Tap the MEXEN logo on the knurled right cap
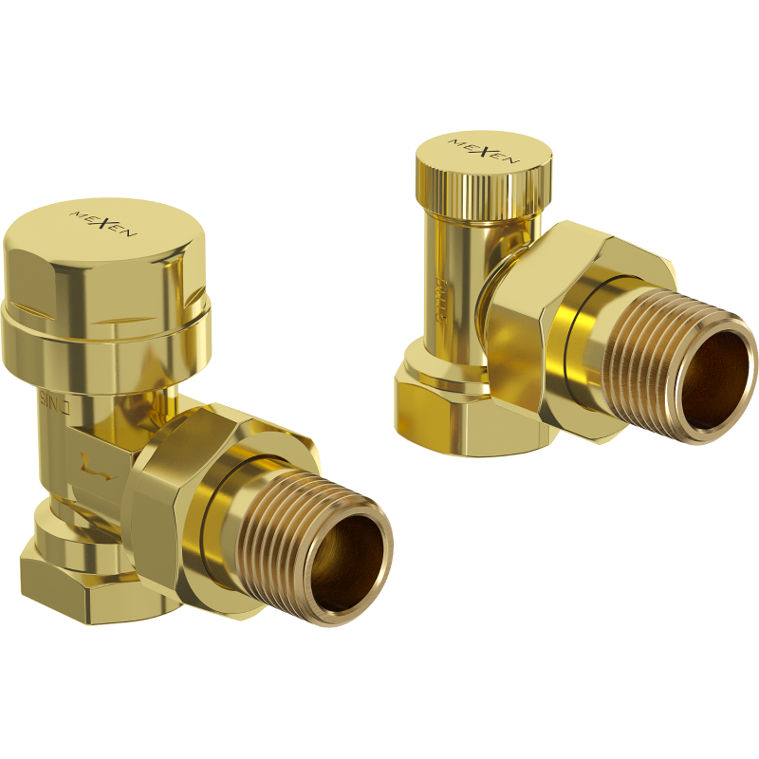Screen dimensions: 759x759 coord(484,151)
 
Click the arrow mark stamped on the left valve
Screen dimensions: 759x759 coord(98,466)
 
